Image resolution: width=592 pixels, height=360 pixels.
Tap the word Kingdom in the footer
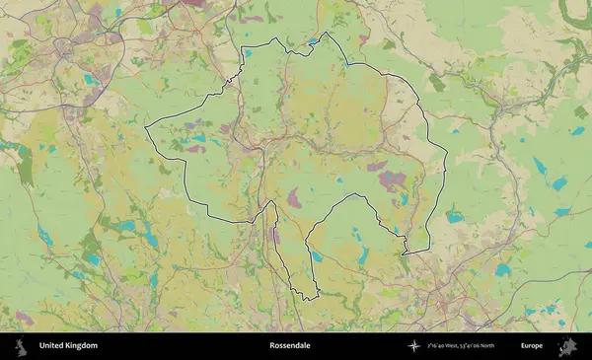point(82,346)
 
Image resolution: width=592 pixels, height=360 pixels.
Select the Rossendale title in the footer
point(290,346)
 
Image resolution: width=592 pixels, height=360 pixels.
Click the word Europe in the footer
point(532,346)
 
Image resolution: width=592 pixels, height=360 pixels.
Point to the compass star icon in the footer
point(414,346)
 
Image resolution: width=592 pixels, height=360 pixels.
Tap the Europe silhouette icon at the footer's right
point(567,346)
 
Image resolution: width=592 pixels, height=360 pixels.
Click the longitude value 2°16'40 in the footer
point(440,346)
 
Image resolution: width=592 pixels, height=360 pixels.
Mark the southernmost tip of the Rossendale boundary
point(307,299)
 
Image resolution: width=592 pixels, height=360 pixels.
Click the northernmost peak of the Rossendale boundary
point(324,33)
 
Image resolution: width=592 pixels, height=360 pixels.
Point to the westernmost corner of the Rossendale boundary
point(146,128)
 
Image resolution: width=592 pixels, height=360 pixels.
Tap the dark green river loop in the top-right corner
point(575,12)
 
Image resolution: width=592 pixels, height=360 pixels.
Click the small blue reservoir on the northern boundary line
point(313,41)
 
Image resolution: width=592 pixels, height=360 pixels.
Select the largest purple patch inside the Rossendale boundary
point(393,180)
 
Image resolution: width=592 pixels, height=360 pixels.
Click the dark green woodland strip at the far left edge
point(24,168)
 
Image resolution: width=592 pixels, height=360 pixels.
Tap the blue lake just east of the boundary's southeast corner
point(455,215)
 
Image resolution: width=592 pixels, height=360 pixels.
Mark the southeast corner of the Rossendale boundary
point(427,252)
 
